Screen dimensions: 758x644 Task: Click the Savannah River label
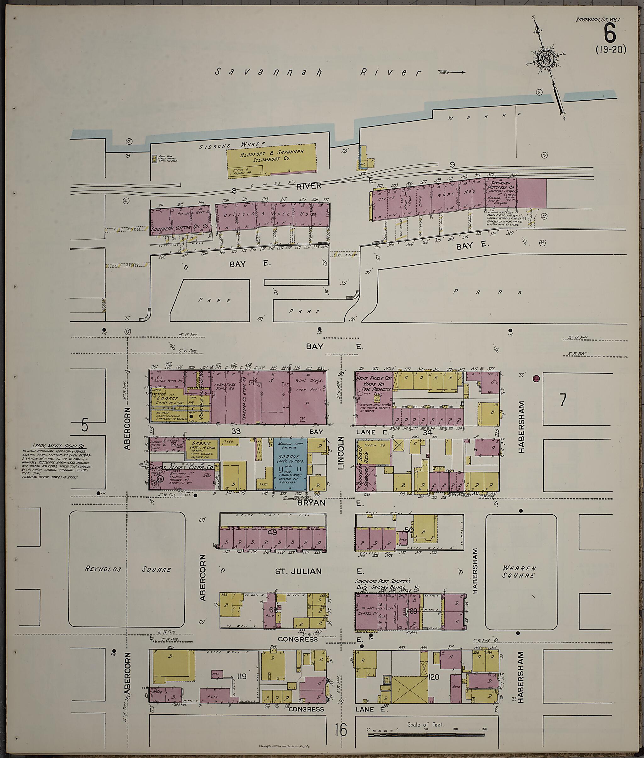click(317, 72)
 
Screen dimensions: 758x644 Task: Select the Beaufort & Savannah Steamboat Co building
click(272, 161)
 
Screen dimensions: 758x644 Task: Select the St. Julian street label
click(299, 571)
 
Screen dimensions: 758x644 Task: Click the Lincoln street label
click(341, 452)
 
